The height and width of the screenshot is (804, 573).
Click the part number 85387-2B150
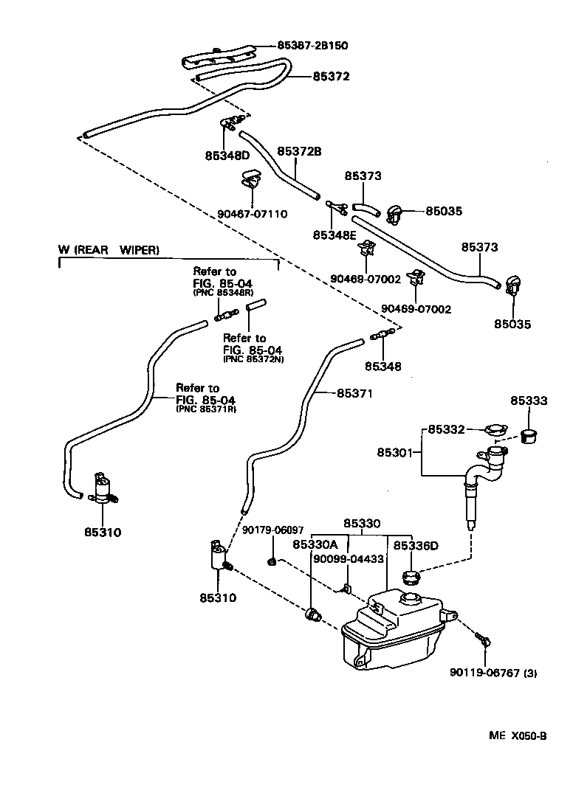point(312,45)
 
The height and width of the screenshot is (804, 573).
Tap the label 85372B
point(299,151)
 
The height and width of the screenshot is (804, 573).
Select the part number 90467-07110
point(252,214)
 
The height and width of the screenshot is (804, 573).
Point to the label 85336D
point(416,546)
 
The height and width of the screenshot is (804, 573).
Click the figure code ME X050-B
point(518,736)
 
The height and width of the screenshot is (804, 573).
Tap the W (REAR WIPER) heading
point(109,250)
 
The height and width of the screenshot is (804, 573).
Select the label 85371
point(354,393)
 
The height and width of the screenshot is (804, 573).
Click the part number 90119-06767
point(485,673)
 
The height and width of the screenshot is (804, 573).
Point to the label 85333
point(529,401)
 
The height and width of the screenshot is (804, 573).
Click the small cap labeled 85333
point(529,437)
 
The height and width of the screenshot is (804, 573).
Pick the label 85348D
point(227,155)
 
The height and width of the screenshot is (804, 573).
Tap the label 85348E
point(334,235)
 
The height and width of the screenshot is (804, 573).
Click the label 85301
point(395,452)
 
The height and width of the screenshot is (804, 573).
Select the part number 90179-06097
point(272,530)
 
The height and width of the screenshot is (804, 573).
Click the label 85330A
point(315,544)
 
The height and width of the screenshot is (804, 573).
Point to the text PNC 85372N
point(253,359)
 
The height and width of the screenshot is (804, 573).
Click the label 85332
point(446,429)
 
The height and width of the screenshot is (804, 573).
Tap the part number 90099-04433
point(349,559)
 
